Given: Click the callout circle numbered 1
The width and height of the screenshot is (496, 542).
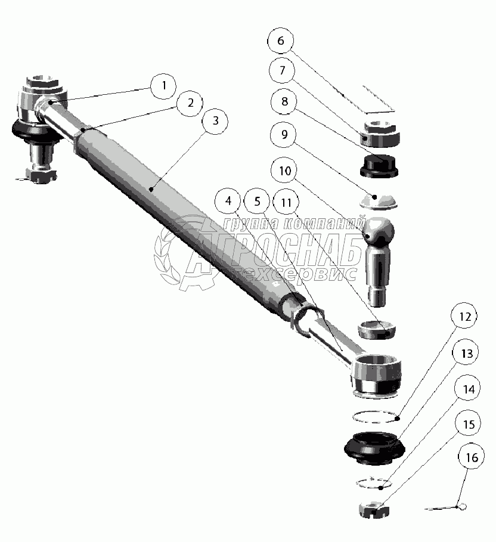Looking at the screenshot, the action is pos(163,85).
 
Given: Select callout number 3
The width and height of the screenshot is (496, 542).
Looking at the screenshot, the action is pos(216,120).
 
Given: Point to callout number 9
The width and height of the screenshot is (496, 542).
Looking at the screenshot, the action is pos(284,135).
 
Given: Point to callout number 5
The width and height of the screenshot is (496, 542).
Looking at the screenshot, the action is pos(258,202).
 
